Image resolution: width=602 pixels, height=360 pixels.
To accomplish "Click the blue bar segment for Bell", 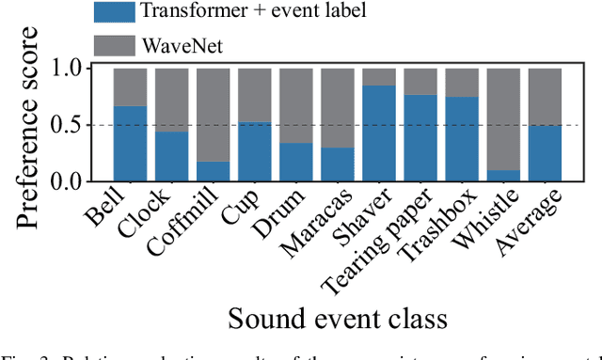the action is pyautogui.click(x=131, y=144).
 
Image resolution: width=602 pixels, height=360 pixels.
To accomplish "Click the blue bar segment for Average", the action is pyautogui.click(x=545, y=153).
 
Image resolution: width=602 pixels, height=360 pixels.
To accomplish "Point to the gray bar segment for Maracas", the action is pyautogui.click(x=338, y=107).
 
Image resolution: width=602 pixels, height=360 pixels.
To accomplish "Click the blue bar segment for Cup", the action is pyautogui.click(x=255, y=152).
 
